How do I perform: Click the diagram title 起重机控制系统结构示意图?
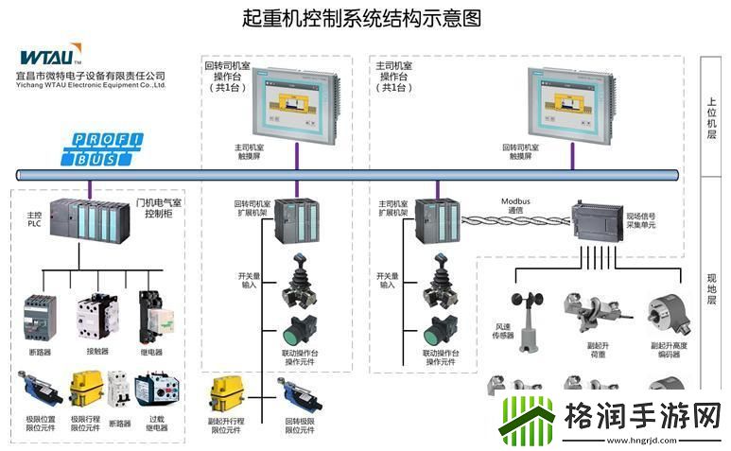tap(363, 18)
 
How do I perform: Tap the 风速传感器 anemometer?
tap(527, 311)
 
